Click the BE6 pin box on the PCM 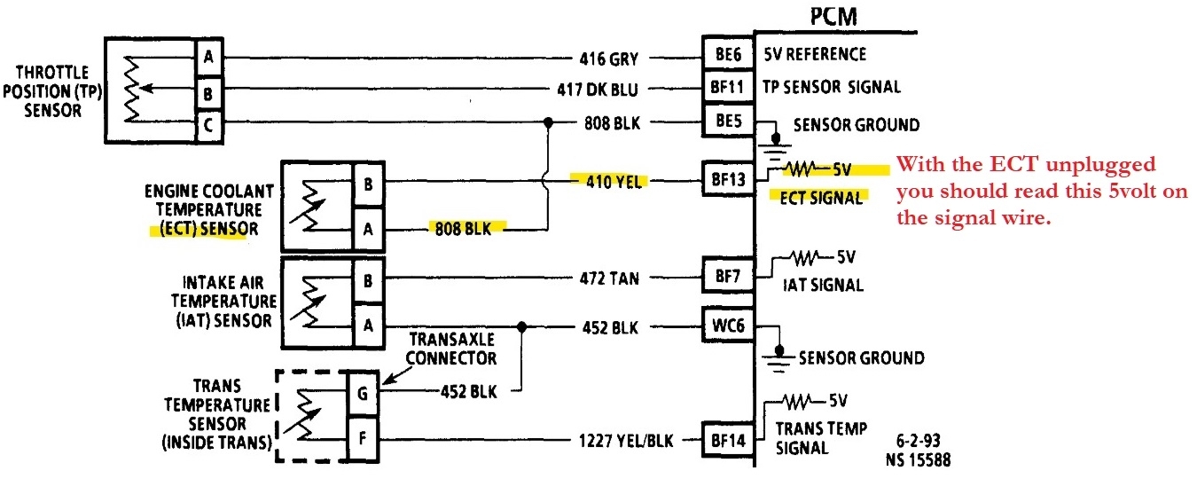(x=727, y=54)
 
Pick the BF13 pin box (x=727, y=180)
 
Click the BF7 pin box (x=727, y=276)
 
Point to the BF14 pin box (x=727, y=437)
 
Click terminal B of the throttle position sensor (x=208, y=90)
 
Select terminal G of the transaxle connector (x=363, y=389)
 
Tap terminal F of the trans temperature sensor (x=363, y=438)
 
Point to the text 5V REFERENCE (x=815, y=54)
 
